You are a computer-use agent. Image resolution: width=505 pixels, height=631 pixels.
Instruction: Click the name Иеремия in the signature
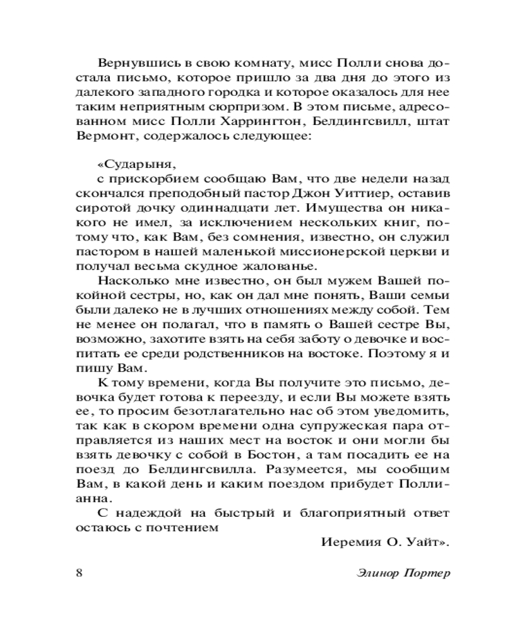click(x=350, y=542)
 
